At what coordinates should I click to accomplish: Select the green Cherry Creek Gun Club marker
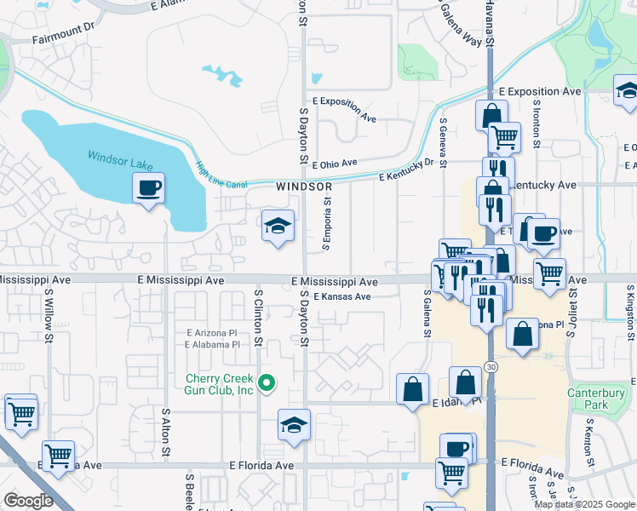267,383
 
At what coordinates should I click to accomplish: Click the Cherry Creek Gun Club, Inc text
221,384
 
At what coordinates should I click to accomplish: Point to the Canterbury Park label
588,399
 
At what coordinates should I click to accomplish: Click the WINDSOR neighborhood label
303,186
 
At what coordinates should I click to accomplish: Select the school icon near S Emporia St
278,226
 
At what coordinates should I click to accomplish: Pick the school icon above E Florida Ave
294,425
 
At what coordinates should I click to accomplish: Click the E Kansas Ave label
341,297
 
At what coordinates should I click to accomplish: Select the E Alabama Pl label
211,345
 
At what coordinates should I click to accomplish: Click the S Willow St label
49,314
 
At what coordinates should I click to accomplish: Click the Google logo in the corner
27,501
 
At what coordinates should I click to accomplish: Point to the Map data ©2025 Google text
584,504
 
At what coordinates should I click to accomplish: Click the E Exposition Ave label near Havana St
539,91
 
